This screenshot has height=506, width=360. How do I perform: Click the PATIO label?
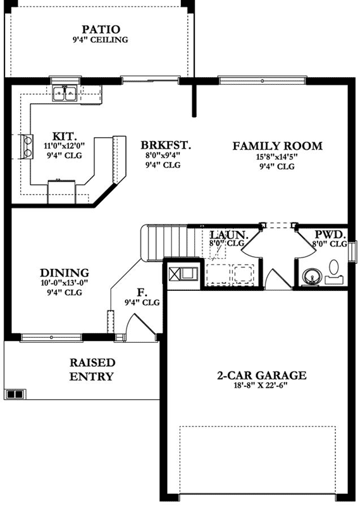coord(100,29)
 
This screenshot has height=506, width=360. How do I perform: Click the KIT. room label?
coord(65,135)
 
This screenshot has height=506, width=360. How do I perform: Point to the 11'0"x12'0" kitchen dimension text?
coord(65,145)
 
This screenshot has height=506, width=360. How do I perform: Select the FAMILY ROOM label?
coord(277,146)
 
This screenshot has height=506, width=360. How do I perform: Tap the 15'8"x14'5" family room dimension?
coord(277,157)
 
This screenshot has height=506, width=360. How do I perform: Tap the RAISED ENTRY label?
coord(92,370)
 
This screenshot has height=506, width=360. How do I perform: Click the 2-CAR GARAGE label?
coord(261,376)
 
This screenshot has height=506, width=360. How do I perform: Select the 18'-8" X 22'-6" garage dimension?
coord(261,386)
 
